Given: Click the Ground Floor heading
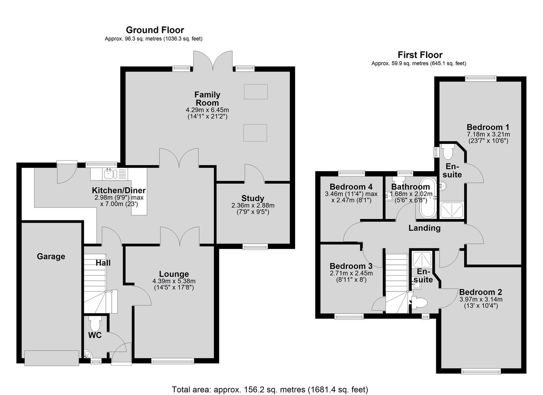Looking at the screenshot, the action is click(155, 30).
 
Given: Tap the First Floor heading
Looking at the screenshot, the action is click(420, 55).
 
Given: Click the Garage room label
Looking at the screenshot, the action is click(51, 257).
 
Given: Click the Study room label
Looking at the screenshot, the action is click(252, 199).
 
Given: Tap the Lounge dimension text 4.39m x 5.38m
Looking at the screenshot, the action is click(174, 281).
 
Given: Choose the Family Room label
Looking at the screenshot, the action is click(207, 99).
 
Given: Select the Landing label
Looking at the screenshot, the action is click(424, 228).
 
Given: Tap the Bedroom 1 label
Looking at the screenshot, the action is click(488, 127).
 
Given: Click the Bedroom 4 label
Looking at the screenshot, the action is click(351, 187).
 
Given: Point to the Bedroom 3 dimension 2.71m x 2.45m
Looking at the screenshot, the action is click(351, 273).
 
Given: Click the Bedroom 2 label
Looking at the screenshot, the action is click(481, 292).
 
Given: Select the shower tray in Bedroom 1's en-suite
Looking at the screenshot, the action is click(452, 210).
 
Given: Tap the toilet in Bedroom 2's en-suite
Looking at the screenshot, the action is click(419, 303).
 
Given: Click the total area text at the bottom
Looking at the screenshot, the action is click(270, 390).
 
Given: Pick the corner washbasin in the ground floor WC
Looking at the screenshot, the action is click(87, 354).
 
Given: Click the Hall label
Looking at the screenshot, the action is click(103, 263).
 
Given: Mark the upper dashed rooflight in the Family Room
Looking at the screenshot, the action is click(256, 91).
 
